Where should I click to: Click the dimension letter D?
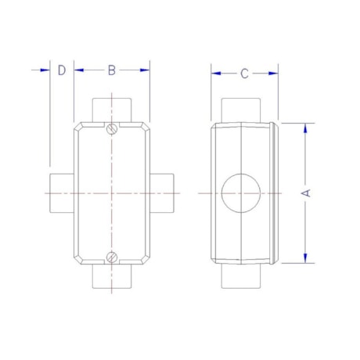[x=62, y=70]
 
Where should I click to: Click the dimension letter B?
[x=112, y=70]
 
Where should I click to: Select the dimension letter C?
[x=244, y=74]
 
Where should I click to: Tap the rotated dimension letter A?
[x=306, y=193]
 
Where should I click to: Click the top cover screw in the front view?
[x=112, y=129]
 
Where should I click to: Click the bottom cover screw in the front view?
[x=112, y=257]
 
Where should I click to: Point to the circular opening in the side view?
[x=241, y=193]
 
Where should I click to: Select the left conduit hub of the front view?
[x=62, y=193]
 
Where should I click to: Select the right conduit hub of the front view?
[x=162, y=193]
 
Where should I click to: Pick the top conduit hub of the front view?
[x=112, y=110]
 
